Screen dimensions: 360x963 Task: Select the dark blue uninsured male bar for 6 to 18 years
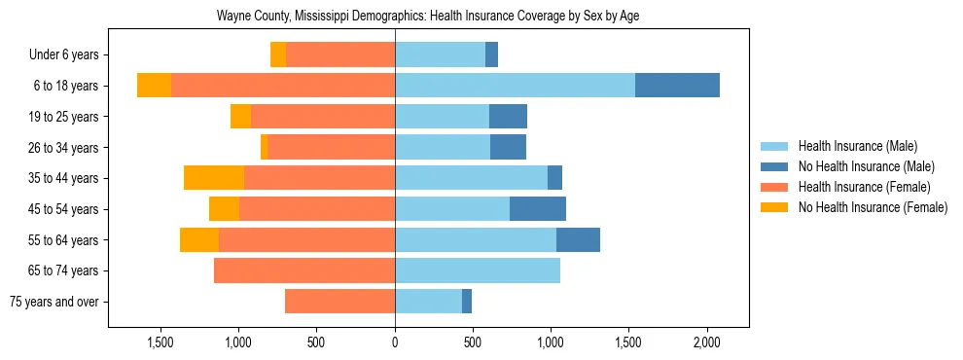(677, 86)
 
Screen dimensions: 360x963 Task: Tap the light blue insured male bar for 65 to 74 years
(477, 270)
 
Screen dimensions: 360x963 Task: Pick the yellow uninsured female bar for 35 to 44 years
(214, 178)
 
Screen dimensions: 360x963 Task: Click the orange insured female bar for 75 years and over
(339, 302)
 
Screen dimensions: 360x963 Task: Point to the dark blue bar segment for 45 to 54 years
(538, 209)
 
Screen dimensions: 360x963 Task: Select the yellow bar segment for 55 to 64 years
(199, 240)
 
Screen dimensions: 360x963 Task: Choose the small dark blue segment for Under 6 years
(491, 54)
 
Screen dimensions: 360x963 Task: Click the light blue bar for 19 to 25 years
(442, 117)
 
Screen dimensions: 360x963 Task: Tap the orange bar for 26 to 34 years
(331, 147)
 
